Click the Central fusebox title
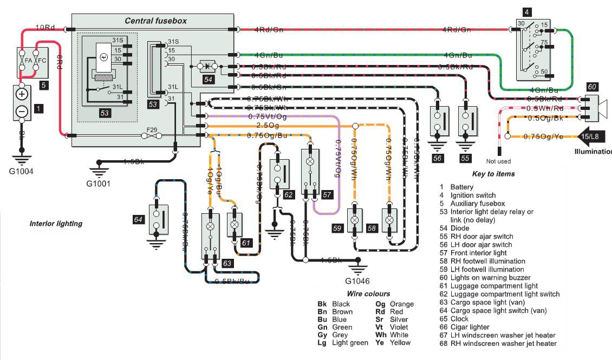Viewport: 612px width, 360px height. [155, 21]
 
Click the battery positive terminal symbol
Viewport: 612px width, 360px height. [22, 94]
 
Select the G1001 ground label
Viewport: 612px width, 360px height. [99, 183]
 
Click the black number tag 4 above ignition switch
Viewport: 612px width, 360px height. [528, 11]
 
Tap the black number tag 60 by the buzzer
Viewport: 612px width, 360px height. [592, 87]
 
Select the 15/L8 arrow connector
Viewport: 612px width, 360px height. [591, 137]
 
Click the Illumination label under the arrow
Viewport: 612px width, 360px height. [593, 152]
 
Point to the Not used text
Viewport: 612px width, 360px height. [498, 161]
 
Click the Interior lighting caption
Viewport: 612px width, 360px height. [56, 223]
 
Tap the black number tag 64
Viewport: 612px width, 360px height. [139, 219]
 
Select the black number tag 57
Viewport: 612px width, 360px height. [327, 194]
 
